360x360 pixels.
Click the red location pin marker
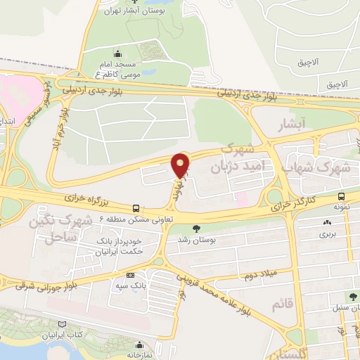click(181, 165)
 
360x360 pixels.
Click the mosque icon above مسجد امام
click(117, 53)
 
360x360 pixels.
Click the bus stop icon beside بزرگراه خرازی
click(136, 208)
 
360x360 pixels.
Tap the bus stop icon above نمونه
click(341, 196)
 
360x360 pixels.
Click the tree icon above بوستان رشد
click(196, 228)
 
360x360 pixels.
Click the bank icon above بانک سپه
click(130, 276)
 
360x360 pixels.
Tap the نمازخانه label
click(140, 355)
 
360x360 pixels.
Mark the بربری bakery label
click(326, 233)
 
